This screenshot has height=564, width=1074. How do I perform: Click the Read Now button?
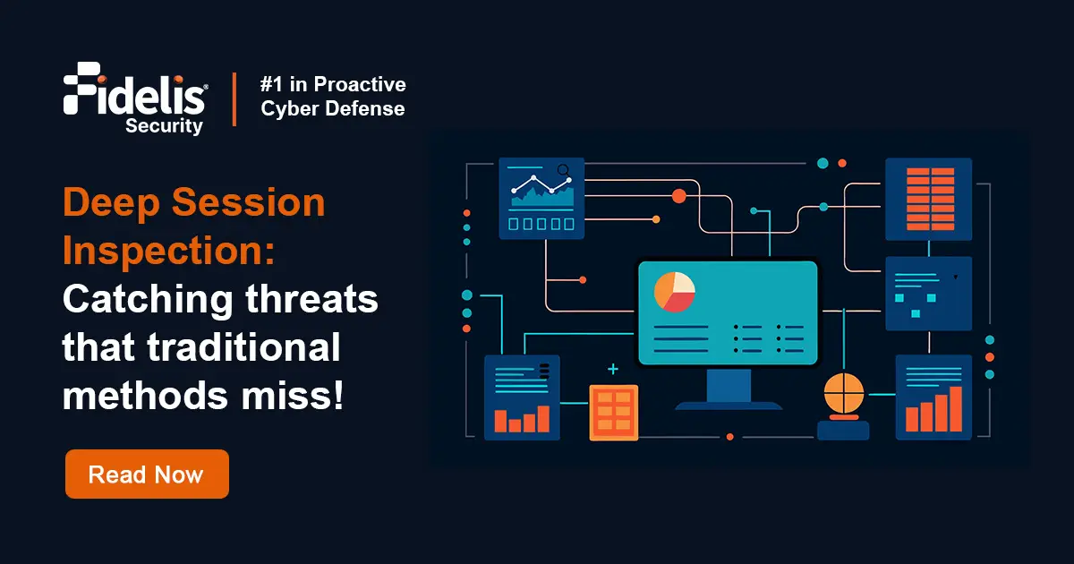(x=147, y=474)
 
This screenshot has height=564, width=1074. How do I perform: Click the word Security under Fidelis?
(x=164, y=126)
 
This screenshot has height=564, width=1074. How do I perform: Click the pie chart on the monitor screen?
(x=675, y=292)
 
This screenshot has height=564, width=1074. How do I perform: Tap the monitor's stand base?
(x=728, y=406)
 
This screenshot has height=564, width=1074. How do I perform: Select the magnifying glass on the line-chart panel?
(x=563, y=169)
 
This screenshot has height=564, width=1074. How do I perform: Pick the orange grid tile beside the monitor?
(x=613, y=412)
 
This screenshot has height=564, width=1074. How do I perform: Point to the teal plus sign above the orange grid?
(x=613, y=369)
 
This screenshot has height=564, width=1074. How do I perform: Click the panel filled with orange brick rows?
(x=928, y=199)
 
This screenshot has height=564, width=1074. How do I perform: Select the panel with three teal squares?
(x=928, y=294)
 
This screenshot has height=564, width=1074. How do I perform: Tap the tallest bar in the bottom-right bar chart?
(x=955, y=408)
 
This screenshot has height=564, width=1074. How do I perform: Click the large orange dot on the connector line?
(x=678, y=195)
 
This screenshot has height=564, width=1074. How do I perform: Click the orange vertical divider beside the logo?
(x=234, y=98)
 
